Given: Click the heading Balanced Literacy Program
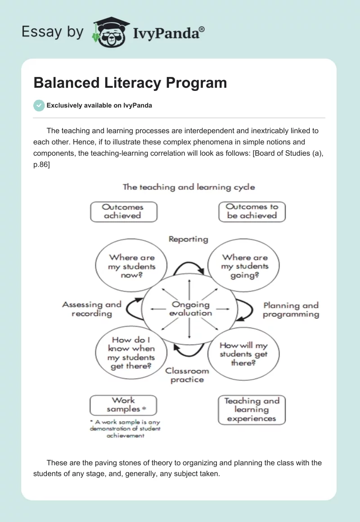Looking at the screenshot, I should [130, 83].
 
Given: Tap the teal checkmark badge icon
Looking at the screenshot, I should [39, 105].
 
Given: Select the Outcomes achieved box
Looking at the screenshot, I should [123, 211].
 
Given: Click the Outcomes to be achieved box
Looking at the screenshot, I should [252, 211].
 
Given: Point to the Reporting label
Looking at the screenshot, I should [188, 239].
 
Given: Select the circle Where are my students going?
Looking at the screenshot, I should [244, 266].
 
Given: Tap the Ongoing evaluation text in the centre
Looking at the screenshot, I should [190, 309].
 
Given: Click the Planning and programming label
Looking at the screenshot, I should [291, 310].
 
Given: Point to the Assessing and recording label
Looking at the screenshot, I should [92, 309].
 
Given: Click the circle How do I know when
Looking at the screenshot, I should [131, 353].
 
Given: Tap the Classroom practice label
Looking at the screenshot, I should [187, 375].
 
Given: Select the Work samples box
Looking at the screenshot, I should [123, 405].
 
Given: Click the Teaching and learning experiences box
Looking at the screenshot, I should [252, 409].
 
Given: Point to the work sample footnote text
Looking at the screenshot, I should [125, 429].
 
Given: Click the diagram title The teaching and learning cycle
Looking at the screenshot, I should [189, 187].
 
